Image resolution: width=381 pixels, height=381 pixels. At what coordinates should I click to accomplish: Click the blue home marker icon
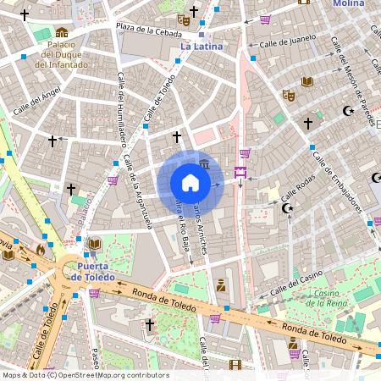click(190, 183)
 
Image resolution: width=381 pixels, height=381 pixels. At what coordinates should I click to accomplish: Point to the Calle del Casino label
click(297, 283)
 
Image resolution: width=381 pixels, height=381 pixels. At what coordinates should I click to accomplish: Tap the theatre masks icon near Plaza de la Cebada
click(184, 19)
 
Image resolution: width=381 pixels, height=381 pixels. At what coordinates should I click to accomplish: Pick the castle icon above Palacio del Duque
click(62, 32)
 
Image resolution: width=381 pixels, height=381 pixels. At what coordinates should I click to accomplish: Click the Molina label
click(349, 4)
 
